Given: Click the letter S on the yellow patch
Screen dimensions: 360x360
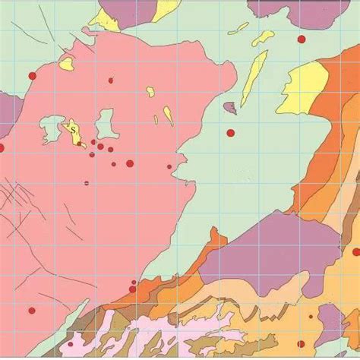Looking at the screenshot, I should [73, 130].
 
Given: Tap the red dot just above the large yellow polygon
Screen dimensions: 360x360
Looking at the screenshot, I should [302, 39].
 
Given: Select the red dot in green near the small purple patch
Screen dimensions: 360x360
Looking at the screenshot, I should [230, 133].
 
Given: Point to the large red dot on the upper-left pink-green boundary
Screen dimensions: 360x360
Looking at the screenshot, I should [32, 76].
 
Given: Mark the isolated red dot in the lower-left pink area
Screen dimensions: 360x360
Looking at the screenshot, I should [32, 310].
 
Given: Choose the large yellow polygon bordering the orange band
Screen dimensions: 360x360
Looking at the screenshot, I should [305, 87].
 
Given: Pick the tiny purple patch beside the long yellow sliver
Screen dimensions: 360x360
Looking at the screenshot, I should [230, 108].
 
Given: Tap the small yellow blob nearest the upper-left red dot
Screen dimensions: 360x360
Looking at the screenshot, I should [66, 64].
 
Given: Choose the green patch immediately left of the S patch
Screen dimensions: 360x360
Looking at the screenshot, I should [52, 128].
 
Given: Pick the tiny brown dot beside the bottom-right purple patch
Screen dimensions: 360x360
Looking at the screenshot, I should [311, 316].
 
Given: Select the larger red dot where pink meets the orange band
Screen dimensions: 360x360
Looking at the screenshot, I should [132, 289].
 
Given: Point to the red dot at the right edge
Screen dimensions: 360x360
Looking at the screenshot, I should [355, 251].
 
